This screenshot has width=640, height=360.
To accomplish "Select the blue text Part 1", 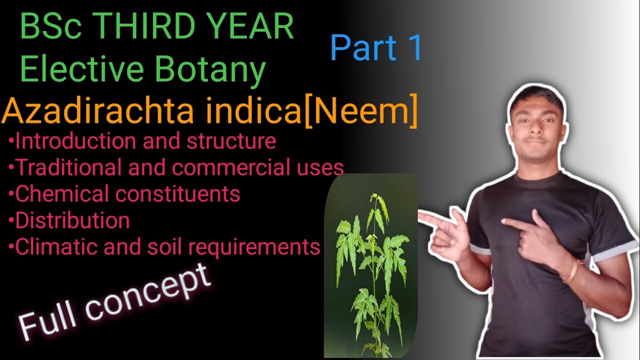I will [376, 48].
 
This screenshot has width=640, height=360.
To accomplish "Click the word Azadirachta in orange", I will [98, 112].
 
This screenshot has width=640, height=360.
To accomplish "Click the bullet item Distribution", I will [72, 220].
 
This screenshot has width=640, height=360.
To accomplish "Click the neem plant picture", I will [371, 265].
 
